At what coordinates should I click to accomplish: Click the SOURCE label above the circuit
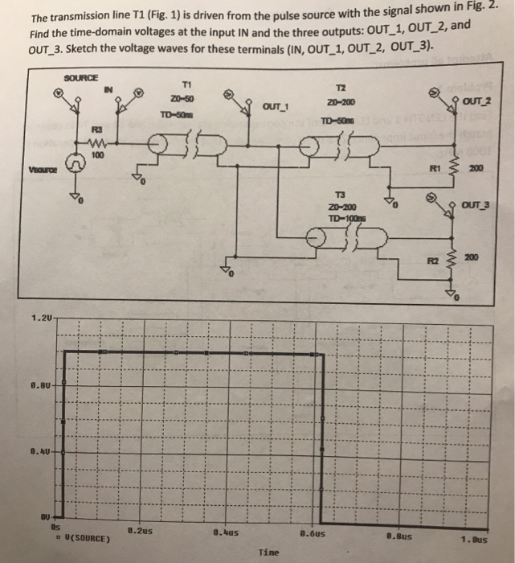pyautogui.click(x=80, y=77)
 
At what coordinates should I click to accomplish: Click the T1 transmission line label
pyautogui.click(x=186, y=85)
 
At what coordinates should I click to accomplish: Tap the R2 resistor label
pyautogui.click(x=431, y=260)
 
